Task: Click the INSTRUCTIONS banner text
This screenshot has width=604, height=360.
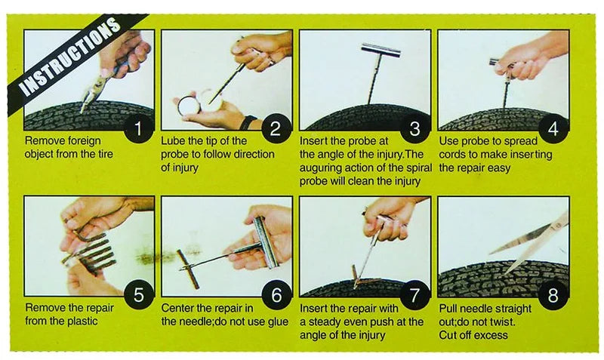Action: (70, 57)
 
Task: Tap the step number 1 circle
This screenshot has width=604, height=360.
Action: (138, 128)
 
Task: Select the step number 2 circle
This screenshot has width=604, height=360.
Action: (276, 128)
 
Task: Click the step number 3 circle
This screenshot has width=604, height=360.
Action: (414, 128)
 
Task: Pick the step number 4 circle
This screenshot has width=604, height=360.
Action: (553, 128)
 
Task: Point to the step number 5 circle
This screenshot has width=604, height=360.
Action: (138, 295)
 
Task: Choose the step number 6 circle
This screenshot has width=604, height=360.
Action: (276, 295)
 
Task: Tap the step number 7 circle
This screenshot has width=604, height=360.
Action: (414, 295)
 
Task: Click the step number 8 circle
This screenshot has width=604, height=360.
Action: (553, 295)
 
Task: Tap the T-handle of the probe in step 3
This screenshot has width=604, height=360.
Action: (381, 51)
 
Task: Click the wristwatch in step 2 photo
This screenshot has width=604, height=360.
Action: (248, 122)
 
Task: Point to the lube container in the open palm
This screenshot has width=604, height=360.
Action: (189, 104)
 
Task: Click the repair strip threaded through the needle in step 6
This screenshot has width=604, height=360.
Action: (188, 269)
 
